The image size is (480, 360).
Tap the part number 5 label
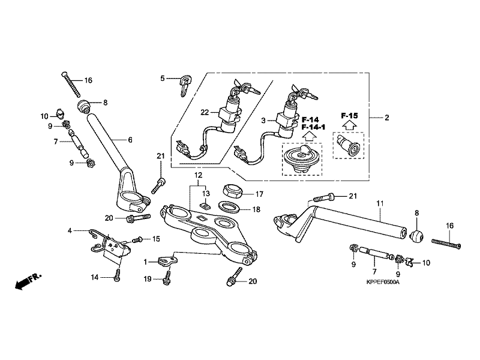(162, 78)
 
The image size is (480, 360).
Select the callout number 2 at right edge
(386, 118)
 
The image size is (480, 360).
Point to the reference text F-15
(349, 115)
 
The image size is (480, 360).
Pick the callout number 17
(259, 194)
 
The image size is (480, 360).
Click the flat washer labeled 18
(228, 208)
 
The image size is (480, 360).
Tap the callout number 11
(379, 205)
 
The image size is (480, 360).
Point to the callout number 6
(129, 140)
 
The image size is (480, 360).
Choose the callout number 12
(196, 175)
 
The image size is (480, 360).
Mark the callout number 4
(70, 230)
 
